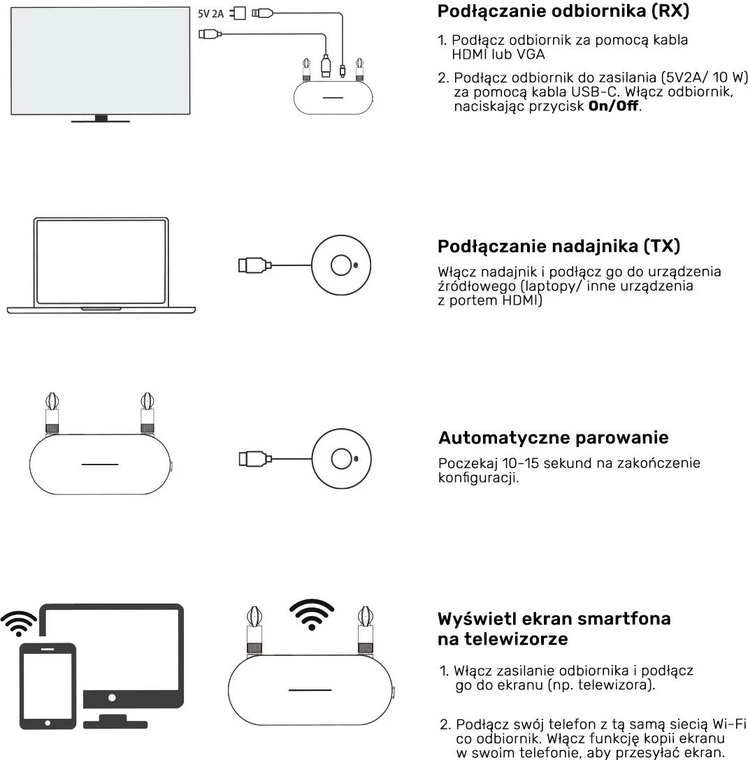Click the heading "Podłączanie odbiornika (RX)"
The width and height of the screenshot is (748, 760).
pyautogui.click(x=563, y=12)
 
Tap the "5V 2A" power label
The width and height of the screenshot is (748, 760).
pyautogui.click(x=212, y=13)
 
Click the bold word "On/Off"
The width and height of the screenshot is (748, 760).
pyautogui.click(x=614, y=107)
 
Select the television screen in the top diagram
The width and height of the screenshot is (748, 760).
pyautogui.click(x=101, y=59)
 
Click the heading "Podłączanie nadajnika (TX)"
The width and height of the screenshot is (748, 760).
pyautogui.click(x=559, y=246)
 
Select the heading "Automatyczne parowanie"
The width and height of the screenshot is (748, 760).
pyautogui.click(x=553, y=438)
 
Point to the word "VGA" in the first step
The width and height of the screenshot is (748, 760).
pyautogui.click(x=531, y=54)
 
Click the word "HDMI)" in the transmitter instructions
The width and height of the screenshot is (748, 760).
pyautogui.click(x=522, y=300)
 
